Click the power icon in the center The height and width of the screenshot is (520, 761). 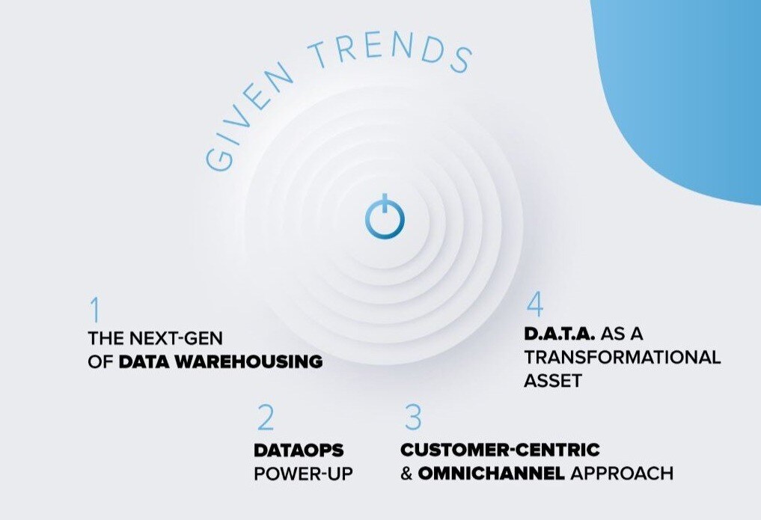pos(385,217)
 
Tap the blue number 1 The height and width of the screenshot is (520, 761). pos(95,310)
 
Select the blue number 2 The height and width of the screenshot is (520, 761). pos(266,417)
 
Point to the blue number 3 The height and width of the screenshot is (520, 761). pos(413,417)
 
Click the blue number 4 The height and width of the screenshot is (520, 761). pos(534,304)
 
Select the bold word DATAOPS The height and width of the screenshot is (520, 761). pos(299,450)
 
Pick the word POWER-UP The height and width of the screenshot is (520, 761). pos(303,474)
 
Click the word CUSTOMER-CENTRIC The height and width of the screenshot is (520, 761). pos(500,450)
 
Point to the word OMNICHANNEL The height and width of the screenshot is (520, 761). pos(491,473)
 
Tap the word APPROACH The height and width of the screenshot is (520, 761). pos(622,473)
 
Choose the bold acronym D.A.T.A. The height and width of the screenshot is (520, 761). pos(559,334)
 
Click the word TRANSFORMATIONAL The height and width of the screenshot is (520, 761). pos(623,357)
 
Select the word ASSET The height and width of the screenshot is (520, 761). pos(553,381)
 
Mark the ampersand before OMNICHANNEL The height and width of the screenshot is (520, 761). pos(406,474)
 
